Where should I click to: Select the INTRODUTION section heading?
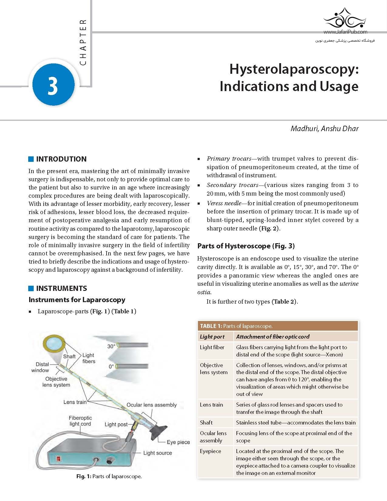(x=61, y=159)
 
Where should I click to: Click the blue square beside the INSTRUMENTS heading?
(x=31, y=288)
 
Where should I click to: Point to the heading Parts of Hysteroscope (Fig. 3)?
(x=246, y=246)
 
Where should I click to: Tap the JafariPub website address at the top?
(x=345, y=32)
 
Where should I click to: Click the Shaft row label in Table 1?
(x=206, y=422)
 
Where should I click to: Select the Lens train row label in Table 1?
(x=211, y=404)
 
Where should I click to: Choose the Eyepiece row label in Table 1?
(x=210, y=451)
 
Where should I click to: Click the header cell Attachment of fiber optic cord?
(x=273, y=336)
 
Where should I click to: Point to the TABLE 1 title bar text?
(x=236, y=326)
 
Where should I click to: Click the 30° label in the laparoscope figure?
(x=111, y=346)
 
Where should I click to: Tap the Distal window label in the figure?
(x=40, y=367)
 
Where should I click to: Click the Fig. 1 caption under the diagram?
(x=109, y=476)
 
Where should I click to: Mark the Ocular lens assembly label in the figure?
(x=151, y=405)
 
